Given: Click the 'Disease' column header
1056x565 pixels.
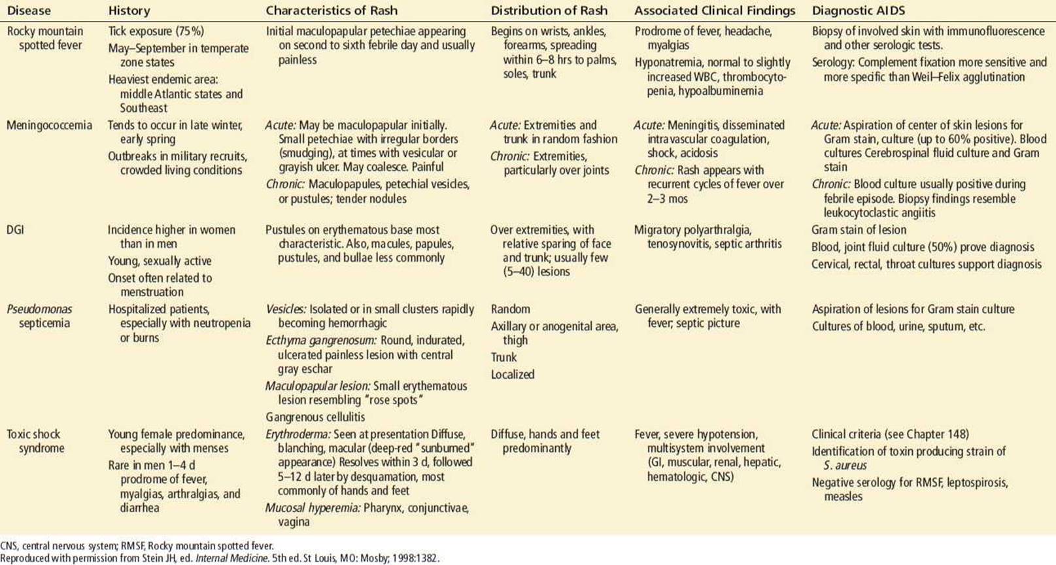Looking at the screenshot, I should [x=29, y=10].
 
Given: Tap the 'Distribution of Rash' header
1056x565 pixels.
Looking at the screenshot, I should [x=549, y=10].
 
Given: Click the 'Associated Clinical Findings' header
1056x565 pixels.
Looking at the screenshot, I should [x=714, y=10].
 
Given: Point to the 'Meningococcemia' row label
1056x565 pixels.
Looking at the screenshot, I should [x=49, y=125].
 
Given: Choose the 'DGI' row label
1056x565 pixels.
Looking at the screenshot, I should [x=15, y=230].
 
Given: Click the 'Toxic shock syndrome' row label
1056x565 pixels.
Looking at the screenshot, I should [x=35, y=441].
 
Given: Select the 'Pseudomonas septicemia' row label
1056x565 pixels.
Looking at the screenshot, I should [x=39, y=316].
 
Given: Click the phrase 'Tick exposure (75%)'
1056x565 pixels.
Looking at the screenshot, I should [x=156, y=31].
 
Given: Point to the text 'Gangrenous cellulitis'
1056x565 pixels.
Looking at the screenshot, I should [x=315, y=417].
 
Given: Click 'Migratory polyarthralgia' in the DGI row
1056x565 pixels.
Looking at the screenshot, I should [x=692, y=230].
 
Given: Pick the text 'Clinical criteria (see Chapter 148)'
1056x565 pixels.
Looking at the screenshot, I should [x=890, y=434].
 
